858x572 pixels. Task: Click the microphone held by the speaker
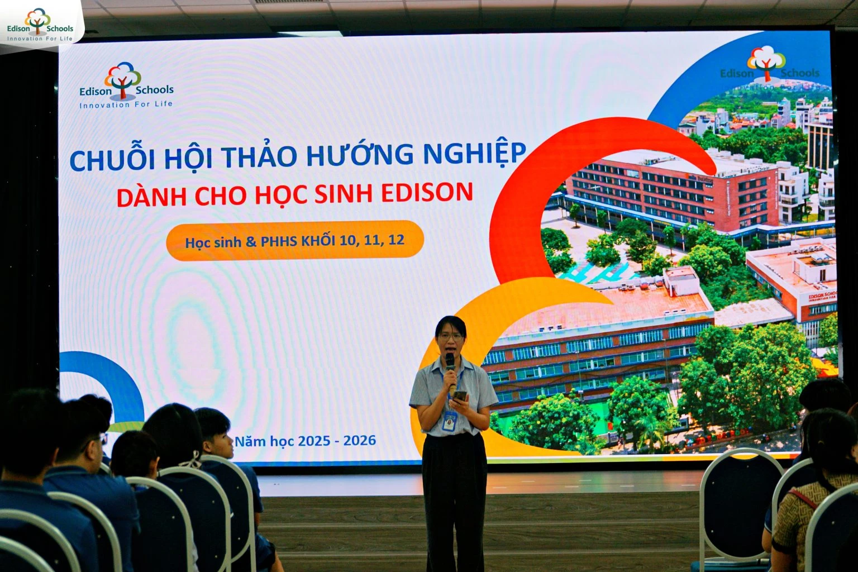pyautogui.click(x=450, y=362)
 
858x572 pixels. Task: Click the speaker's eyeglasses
pyautogui.click(x=452, y=337)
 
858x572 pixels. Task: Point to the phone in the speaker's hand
pyautogui.click(x=460, y=396)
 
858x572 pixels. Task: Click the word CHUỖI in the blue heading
pyautogui.click(x=112, y=160)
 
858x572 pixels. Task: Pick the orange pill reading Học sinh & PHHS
pyautogui.click(x=294, y=241)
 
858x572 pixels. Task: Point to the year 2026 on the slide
pyautogui.click(x=359, y=441)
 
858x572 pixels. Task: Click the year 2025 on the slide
pyautogui.click(x=314, y=441)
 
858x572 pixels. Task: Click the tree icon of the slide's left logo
pyautogui.click(x=123, y=78)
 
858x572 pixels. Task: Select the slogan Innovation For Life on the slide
pyautogui.click(x=126, y=104)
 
